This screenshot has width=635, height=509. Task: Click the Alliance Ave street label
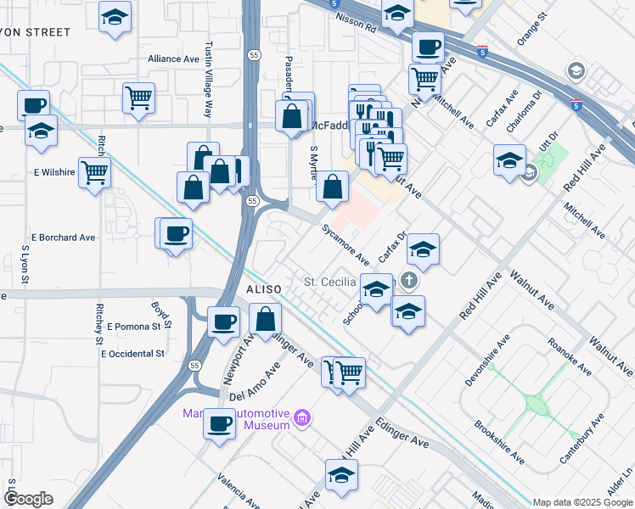pos(173,59)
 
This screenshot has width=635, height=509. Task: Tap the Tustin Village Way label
pos(208,81)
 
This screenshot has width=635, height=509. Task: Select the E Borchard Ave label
pos(63,238)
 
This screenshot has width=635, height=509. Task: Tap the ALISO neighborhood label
pos(264,289)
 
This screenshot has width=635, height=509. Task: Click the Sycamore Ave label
pos(345,244)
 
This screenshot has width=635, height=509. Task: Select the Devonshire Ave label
pos(487,360)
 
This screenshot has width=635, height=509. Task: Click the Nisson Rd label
pos(360,26)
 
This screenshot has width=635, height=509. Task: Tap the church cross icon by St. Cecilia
pos(410,280)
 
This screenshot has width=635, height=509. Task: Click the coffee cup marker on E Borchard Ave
pos(177,233)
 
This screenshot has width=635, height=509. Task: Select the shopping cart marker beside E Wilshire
pos(95,172)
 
